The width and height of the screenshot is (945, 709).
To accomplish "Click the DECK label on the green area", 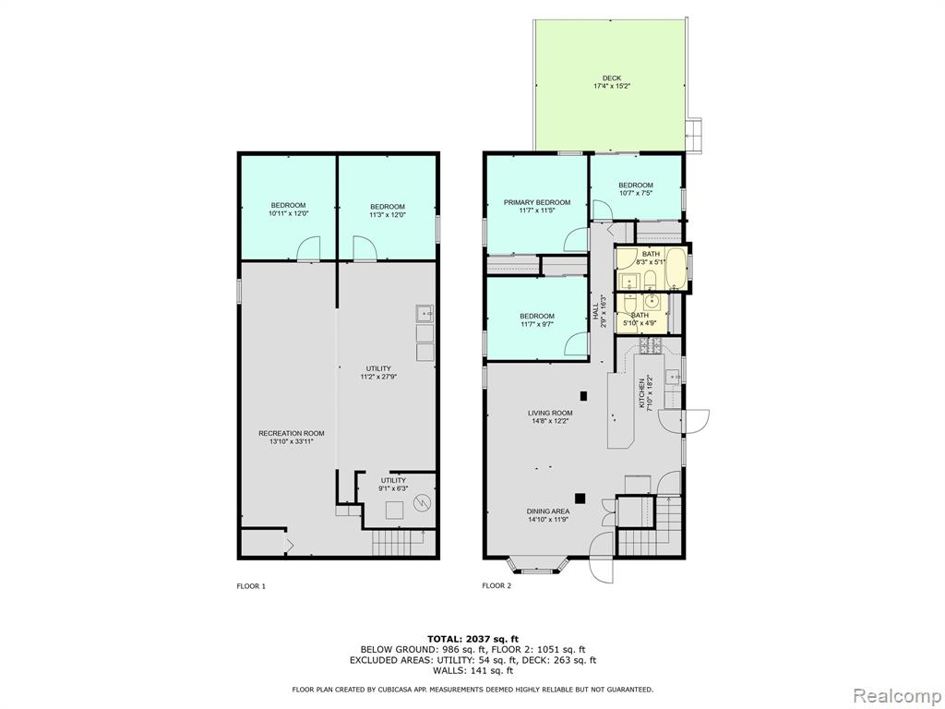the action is (x=611, y=78).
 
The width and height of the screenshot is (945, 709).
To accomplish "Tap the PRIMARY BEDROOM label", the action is (x=537, y=202).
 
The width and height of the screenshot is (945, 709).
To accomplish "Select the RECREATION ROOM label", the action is (x=291, y=433).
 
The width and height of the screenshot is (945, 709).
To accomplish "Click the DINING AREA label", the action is (x=548, y=511).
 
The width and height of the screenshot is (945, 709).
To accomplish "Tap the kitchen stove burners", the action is (x=651, y=345).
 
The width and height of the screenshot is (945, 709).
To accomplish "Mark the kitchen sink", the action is (x=673, y=377).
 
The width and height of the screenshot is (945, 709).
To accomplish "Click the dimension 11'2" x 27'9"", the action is (x=378, y=377).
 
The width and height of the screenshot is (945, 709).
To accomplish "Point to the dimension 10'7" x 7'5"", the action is (x=636, y=194).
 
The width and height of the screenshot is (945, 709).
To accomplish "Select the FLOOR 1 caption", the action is (x=251, y=586).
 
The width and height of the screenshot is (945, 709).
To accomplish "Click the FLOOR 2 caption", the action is (x=496, y=585).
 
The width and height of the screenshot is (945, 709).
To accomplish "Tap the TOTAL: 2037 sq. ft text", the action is (x=472, y=639).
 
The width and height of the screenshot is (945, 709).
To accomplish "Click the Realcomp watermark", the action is (x=895, y=695).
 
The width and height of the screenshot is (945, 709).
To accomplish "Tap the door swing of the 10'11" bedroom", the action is (x=307, y=247).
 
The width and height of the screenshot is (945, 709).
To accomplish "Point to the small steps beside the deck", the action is (x=694, y=135).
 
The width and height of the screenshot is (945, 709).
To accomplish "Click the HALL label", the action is (x=595, y=312).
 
